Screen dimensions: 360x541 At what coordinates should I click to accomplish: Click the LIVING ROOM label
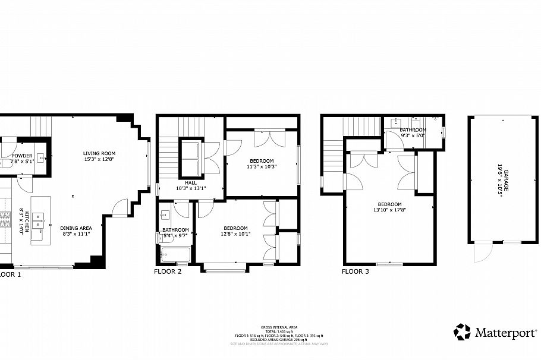pos(99,153)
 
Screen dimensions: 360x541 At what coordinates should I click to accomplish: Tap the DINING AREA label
pos(76,228)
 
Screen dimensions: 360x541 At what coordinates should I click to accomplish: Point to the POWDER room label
pos(22,156)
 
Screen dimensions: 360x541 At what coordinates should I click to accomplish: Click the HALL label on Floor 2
pos(190,183)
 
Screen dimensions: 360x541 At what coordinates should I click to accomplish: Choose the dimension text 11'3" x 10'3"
pos(262,166)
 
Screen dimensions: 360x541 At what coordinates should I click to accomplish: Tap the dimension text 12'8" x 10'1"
pos(235,233)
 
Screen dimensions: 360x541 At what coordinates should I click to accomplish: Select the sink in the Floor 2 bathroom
pos(165,215)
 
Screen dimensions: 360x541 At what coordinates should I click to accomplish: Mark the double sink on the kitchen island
pos(39,222)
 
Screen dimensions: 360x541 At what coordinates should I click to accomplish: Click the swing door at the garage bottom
pos(483,254)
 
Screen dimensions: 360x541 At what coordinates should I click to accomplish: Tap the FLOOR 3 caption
pos(355,272)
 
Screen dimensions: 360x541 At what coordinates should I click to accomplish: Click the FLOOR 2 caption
pos(168,272)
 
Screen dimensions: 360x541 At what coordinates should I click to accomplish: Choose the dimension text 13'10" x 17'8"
pos(389,210)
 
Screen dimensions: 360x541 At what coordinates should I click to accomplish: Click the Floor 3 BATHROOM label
pos(413,130)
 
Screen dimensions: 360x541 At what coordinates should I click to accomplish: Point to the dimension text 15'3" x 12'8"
pos(99,159)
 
